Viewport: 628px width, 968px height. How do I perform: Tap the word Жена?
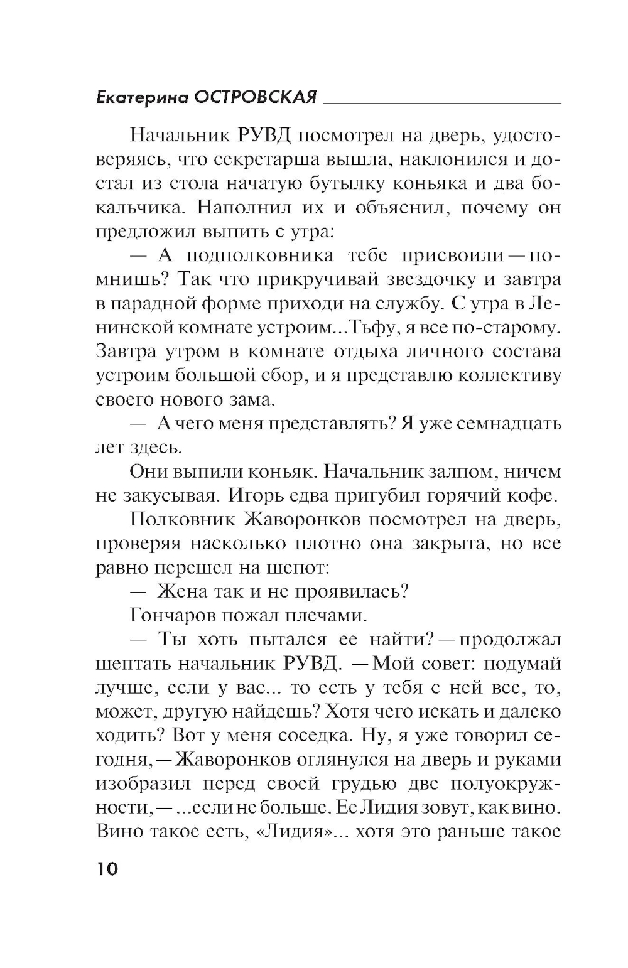(181, 591)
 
